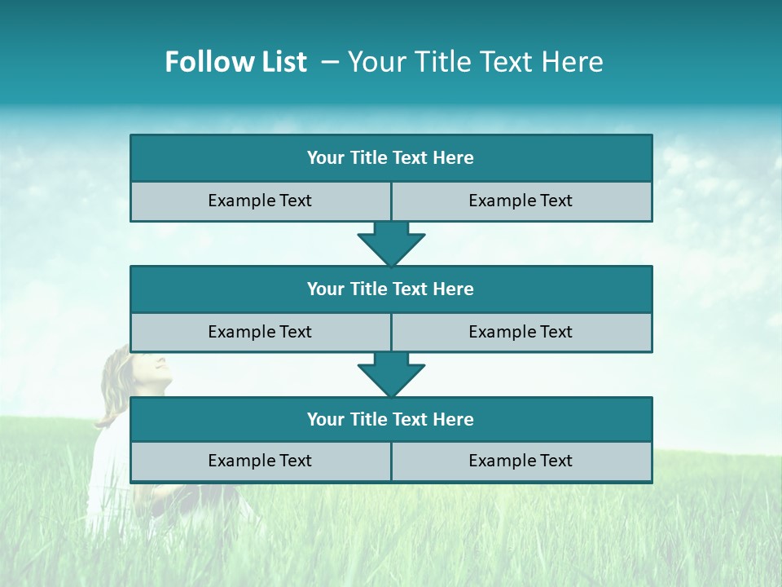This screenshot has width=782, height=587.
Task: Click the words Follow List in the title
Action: (235, 62)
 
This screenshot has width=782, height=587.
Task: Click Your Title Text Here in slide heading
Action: (475, 62)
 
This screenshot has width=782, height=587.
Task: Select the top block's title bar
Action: (391, 158)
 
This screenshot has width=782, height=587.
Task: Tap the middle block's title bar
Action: (391, 289)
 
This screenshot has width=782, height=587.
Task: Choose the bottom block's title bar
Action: (391, 420)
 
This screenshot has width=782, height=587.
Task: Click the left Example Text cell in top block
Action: (260, 201)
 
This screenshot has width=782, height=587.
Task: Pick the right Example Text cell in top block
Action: (521, 201)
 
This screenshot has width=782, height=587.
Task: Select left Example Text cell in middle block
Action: (260, 332)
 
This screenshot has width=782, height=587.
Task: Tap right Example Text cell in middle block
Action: (521, 332)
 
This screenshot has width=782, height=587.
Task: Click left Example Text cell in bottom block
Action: (260, 461)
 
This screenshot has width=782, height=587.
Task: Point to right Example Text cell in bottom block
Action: (521, 461)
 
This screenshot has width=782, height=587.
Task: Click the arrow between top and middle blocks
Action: (391, 243)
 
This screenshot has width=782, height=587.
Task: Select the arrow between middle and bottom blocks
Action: (391, 374)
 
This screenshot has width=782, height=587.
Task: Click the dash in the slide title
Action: (330, 62)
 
